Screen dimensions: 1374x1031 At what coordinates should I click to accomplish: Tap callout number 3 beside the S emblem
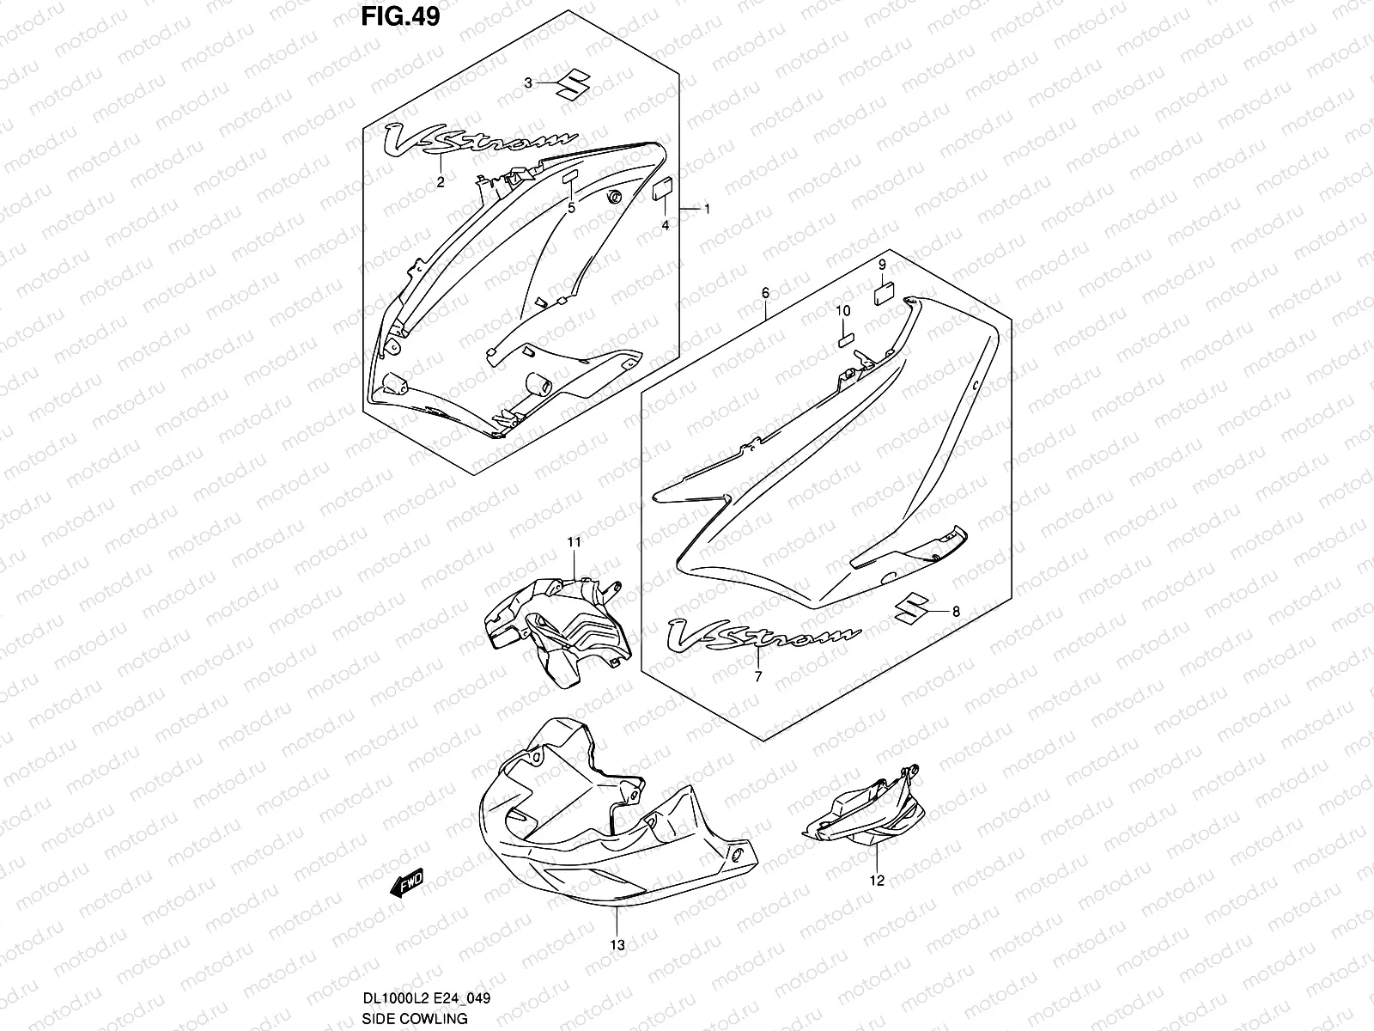529,82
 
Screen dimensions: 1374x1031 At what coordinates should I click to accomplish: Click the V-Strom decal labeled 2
480,143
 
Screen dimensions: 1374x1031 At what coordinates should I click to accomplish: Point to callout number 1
707,209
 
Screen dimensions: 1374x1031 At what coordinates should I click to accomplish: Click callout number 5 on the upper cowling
570,207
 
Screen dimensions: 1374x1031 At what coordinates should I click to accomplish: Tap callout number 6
765,293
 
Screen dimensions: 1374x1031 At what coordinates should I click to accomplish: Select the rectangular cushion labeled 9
884,295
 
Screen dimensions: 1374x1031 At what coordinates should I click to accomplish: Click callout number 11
574,542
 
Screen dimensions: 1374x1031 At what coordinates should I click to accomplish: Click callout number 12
876,880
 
